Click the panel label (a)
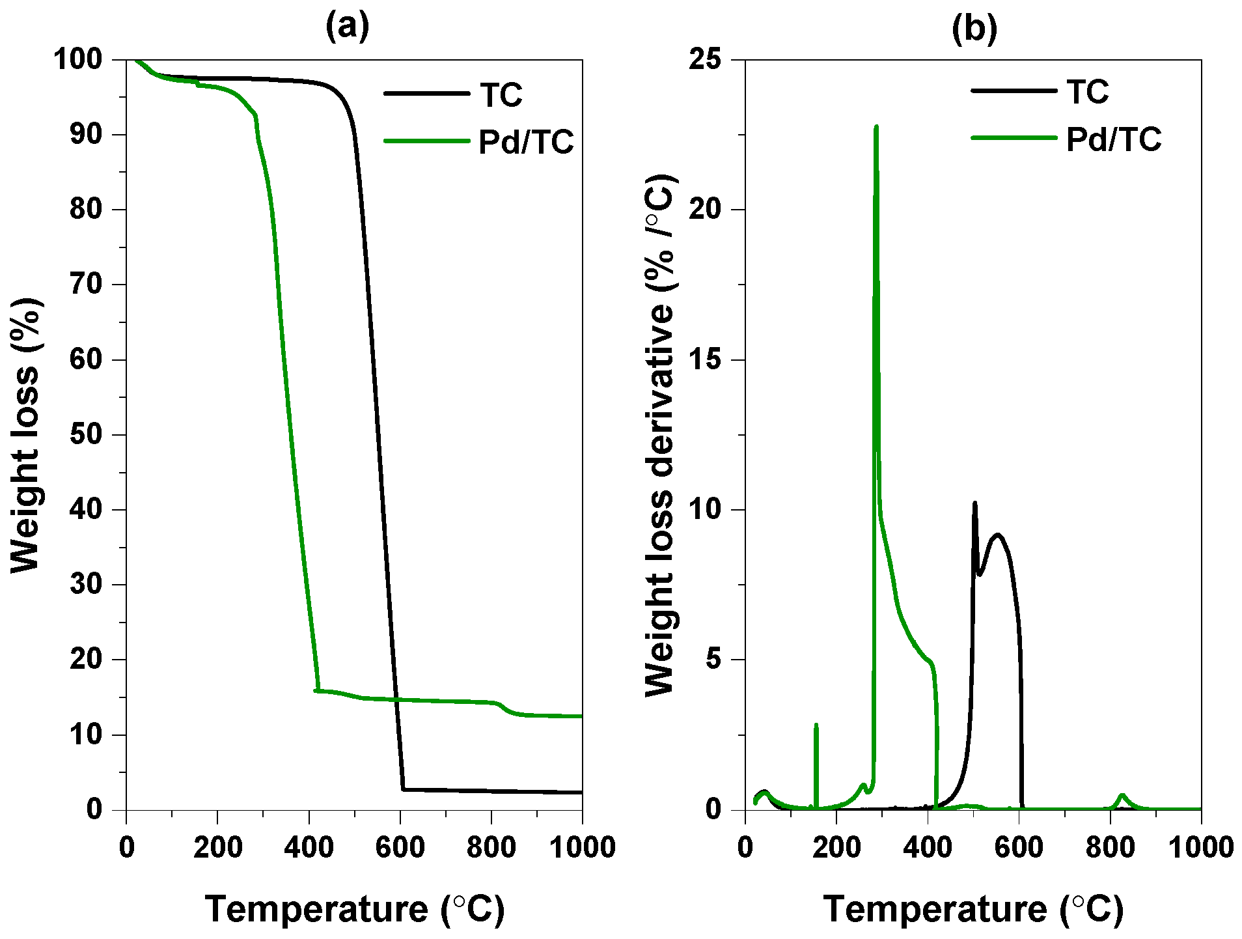[348, 27]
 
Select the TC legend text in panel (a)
[501, 95]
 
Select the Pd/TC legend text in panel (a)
[526, 142]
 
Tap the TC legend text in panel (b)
[1088, 92]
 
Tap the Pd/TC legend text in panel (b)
[1114, 139]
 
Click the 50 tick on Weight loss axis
[87, 435]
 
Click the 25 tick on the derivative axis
[706, 60]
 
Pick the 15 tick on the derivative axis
[706, 360]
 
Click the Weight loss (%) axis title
[26, 435]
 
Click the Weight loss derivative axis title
[661, 435]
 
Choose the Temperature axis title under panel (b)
[973, 909]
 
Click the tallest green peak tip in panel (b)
[876, 127]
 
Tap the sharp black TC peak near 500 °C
[974, 503]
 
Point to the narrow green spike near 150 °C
[816, 725]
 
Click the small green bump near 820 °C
[1122, 795]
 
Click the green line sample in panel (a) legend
[426, 141]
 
